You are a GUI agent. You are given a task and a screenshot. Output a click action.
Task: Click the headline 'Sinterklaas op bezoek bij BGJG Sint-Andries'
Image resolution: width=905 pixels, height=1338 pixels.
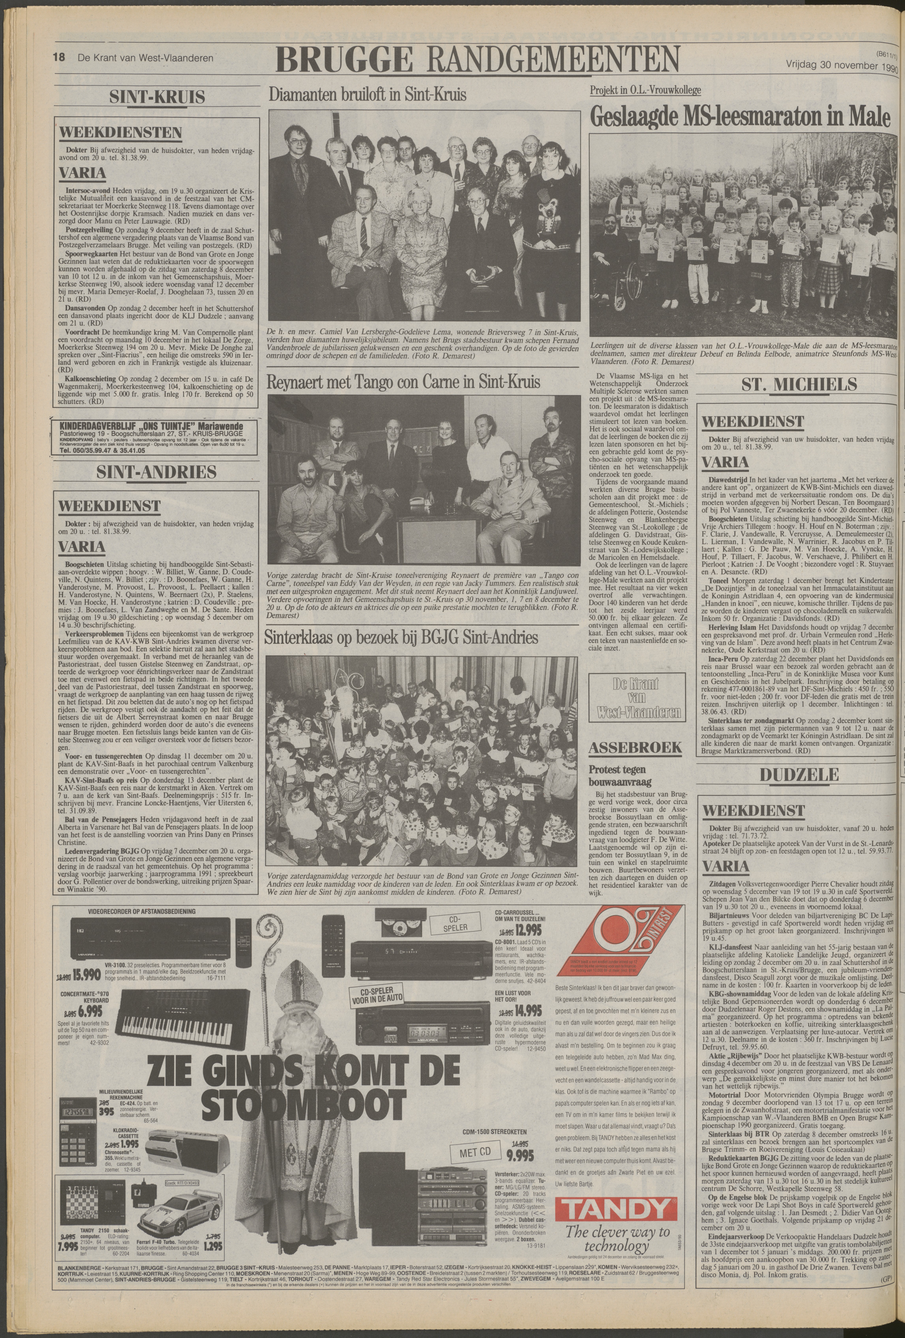pos(401,637)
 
